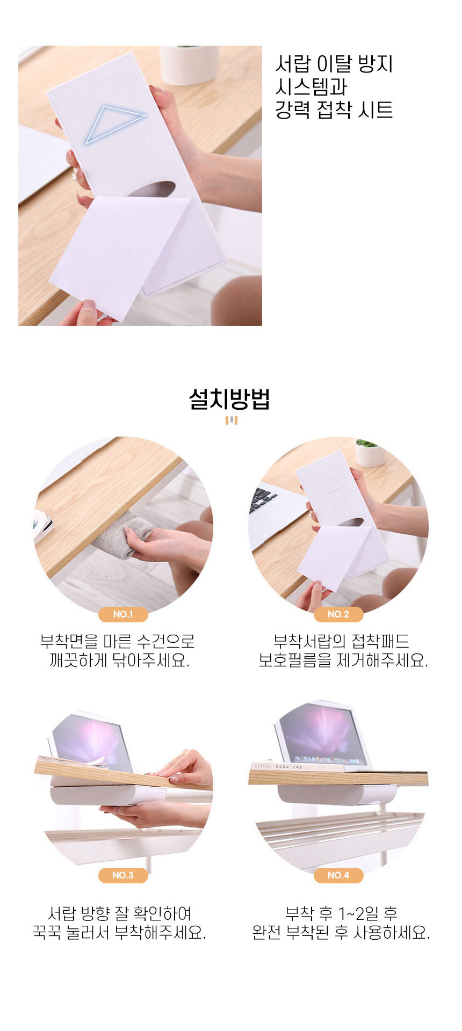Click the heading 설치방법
coord(229,399)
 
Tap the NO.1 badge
coord(123,614)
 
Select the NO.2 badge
coord(338,614)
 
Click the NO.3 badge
coord(123,875)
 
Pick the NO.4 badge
coord(338,875)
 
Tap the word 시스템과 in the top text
coord(312,87)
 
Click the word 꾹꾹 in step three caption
coord(47,932)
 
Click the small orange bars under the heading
coord(231,420)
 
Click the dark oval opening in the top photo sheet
coord(154,190)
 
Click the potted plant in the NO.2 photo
coord(370,452)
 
